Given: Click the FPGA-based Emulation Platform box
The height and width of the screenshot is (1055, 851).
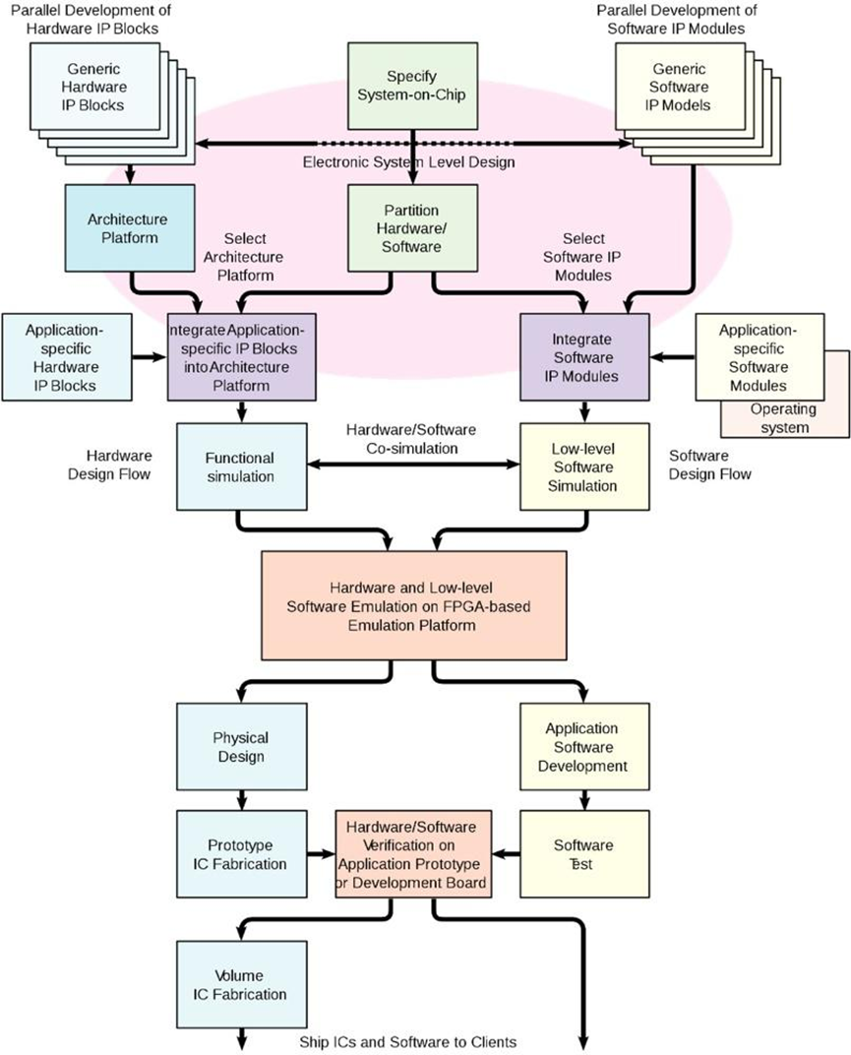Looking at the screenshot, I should point(413,604).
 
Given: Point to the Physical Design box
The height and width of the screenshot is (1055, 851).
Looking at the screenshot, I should point(240,747).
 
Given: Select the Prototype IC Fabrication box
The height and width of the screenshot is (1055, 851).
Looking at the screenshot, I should point(240,854).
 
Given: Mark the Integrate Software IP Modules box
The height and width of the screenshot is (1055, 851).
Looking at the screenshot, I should point(584,356).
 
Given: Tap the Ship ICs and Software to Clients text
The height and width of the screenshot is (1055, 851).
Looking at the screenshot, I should point(407,1041).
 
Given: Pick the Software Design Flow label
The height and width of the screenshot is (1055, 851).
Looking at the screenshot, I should point(710,465).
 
